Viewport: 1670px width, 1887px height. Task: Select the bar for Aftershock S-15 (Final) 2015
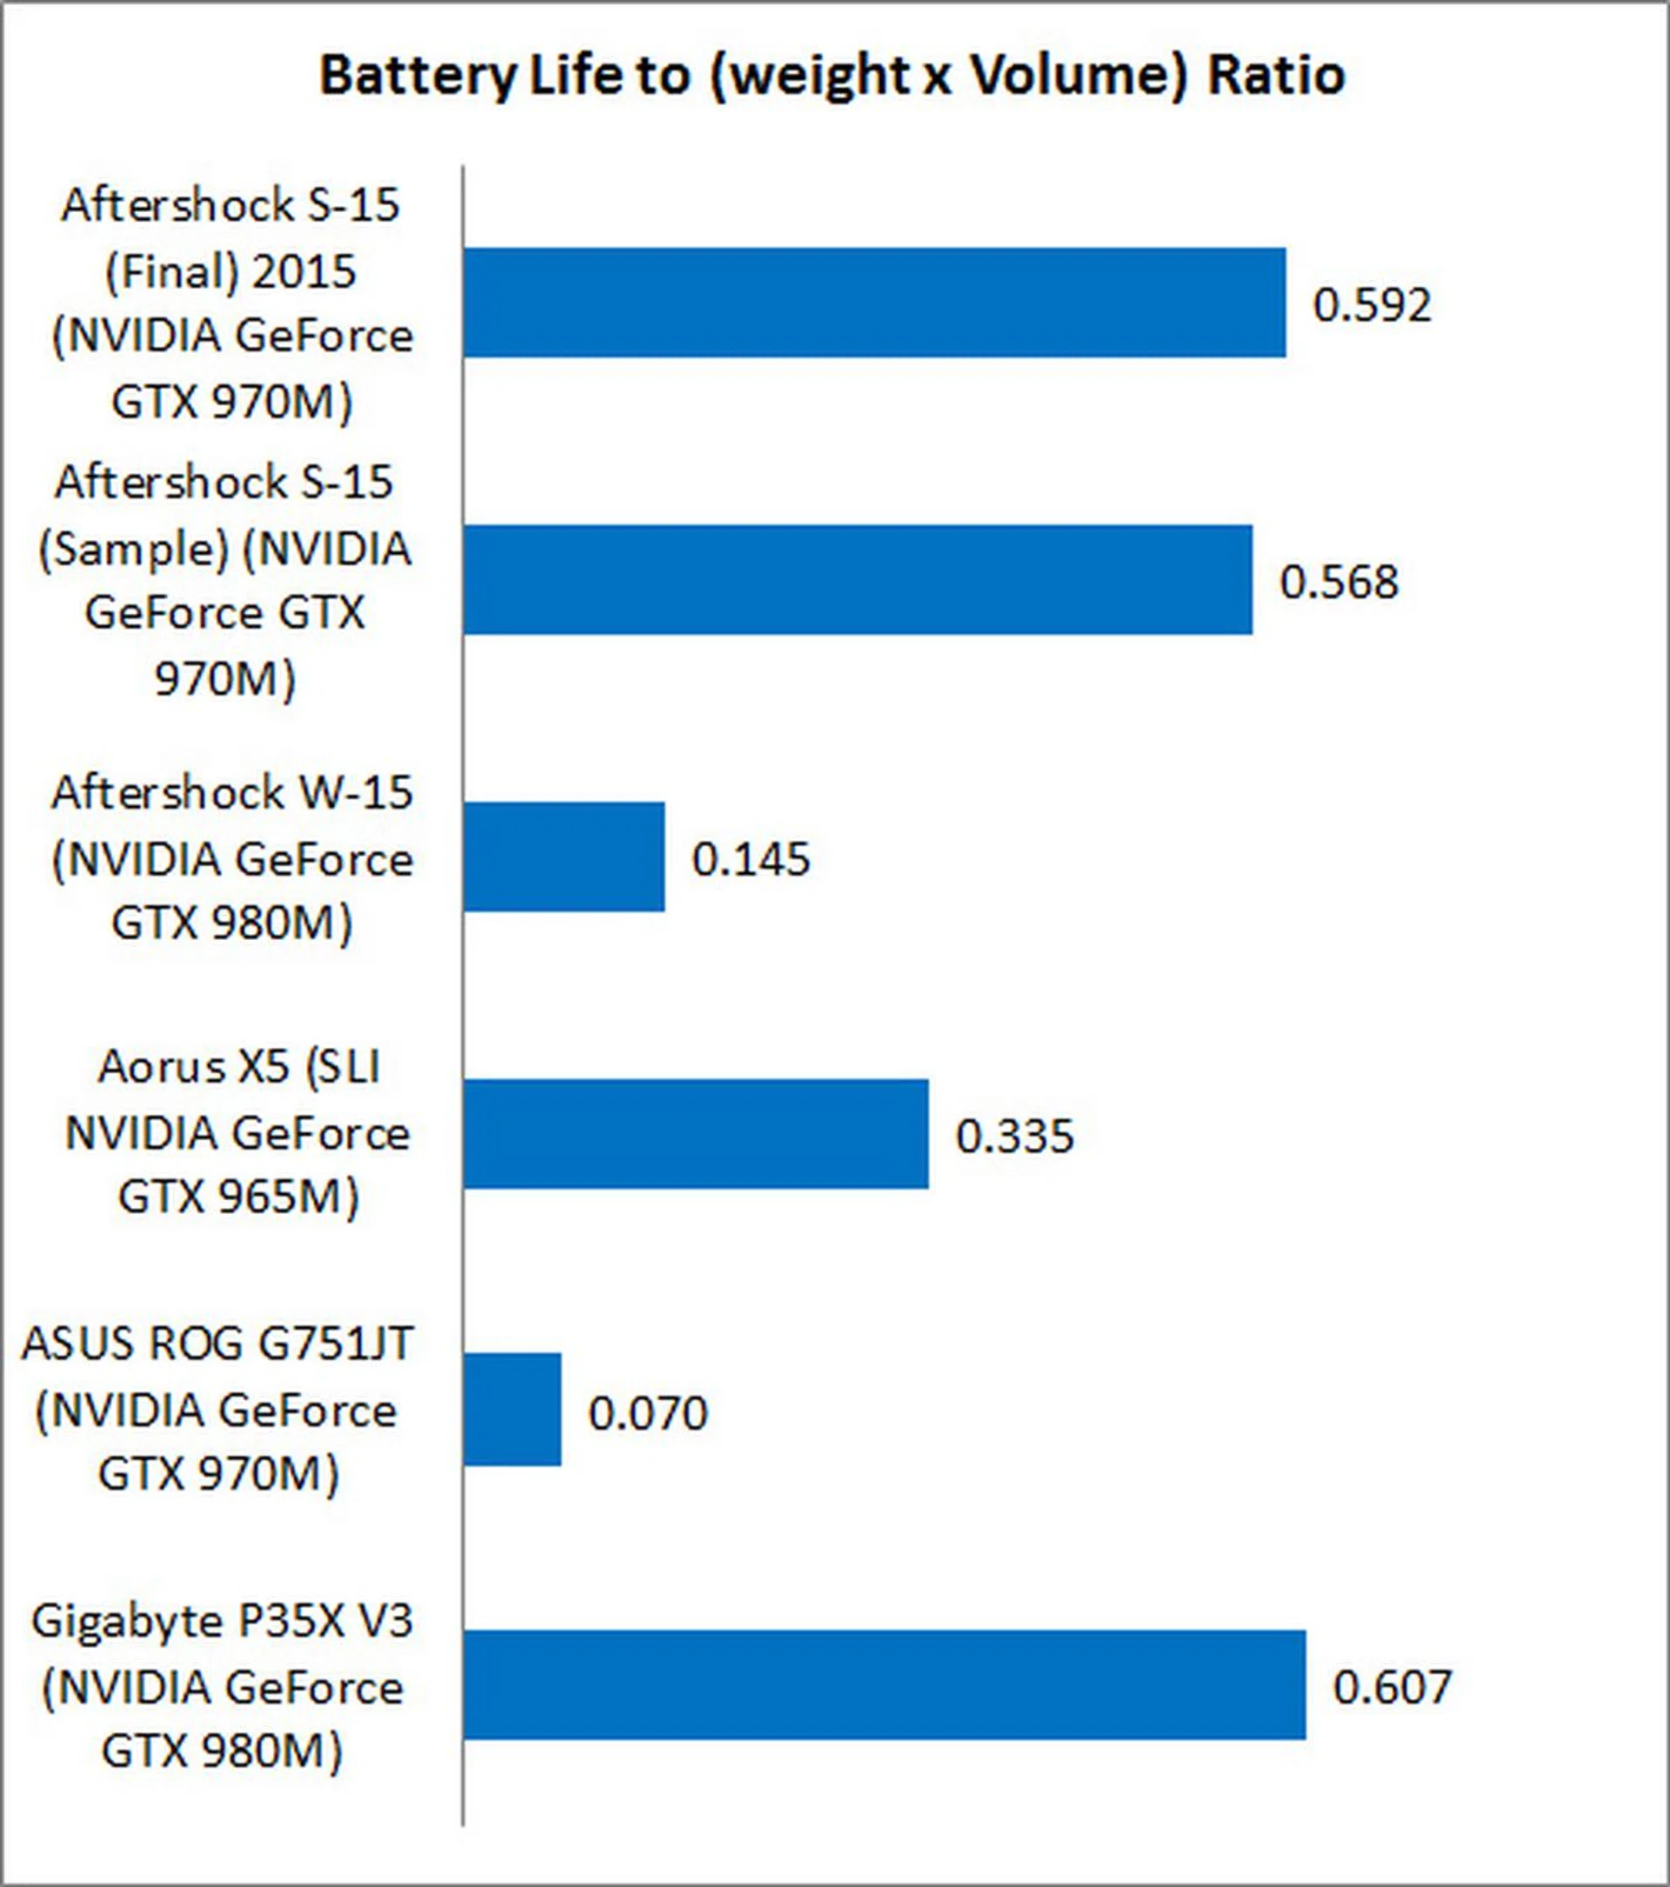tap(873, 302)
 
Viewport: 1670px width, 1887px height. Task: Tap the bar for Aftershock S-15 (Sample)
tap(857, 580)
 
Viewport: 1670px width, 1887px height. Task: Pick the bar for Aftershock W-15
tap(563, 857)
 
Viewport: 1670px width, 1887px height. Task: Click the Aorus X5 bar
tap(695, 1134)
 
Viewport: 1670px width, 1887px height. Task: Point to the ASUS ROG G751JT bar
tap(511, 1410)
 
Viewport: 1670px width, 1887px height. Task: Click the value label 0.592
tap(1372, 304)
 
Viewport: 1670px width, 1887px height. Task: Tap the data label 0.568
tap(1339, 582)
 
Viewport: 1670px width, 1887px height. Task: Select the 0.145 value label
tap(751, 858)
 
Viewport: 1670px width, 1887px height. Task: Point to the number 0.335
tap(1014, 1136)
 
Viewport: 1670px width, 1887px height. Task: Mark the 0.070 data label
tap(647, 1412)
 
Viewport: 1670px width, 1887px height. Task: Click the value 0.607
tap(1393, 1687)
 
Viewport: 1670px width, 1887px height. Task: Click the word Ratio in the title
tap(1276, 76)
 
